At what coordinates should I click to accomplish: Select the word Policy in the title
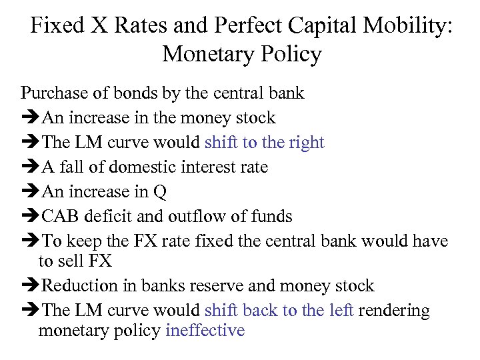290,54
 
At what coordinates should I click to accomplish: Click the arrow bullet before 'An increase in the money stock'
30,118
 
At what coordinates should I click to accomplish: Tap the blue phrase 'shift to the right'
265,142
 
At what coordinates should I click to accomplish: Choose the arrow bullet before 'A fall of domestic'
30,167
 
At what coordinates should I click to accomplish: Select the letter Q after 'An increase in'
159,192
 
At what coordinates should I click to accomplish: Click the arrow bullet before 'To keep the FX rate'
30,241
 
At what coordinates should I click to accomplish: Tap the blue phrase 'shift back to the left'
279,310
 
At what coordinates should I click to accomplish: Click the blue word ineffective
205,331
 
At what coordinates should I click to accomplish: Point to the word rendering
395,311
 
